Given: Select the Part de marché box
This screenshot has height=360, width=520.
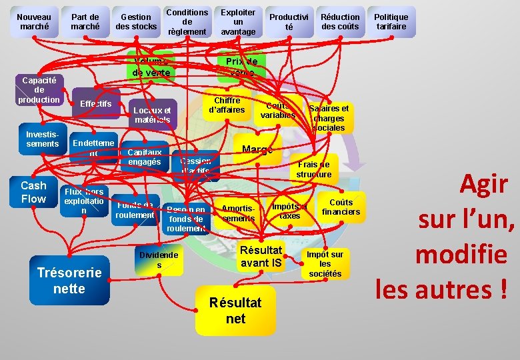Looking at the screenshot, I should [x=85, y=22].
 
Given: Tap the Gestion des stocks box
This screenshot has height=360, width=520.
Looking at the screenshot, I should [x=136, y=22].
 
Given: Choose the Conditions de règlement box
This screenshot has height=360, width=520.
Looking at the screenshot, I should [x=187, y=22].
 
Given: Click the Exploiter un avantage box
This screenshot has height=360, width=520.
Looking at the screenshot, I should [x=237, y=22].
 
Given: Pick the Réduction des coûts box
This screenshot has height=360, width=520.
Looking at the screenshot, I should [x=340, y=22].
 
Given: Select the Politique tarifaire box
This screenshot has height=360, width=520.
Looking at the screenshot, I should [x=391, y=22].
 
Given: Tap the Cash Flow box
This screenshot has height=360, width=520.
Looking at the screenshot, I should [x=33, y=192].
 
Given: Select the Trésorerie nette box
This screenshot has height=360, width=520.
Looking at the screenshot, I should [x=69, y=280].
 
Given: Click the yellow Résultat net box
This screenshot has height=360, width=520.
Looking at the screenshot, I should [x=235, y=310].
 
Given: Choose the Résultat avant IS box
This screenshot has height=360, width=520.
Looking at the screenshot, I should [x=261, y=257].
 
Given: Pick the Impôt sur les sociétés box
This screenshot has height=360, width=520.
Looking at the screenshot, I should [x=325, y=264].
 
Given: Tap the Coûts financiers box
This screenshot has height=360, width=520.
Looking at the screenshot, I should [x=341, y=207].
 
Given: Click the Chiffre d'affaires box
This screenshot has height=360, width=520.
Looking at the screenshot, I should [x=227, y=105].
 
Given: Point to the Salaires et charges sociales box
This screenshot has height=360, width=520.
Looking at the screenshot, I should [x=329, y=117].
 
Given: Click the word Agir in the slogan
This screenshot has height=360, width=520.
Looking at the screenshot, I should [x=484, y=185].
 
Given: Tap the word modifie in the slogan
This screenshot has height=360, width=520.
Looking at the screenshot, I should [x=461, y=254].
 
